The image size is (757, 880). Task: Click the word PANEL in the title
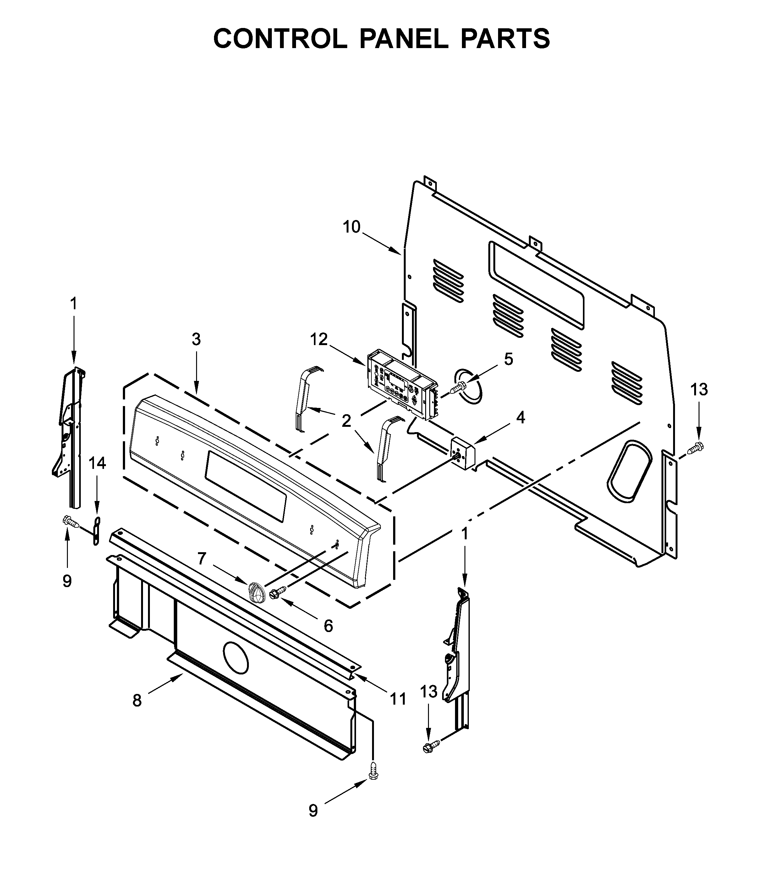[403, 39]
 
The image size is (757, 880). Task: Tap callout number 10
[352, 227]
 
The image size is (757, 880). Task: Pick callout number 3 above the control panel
[196, 339]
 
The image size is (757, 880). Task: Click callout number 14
[97, 463]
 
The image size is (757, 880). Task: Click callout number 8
[137, 700]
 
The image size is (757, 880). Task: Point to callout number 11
[398, 698]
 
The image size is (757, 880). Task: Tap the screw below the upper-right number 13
[695, 447]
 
